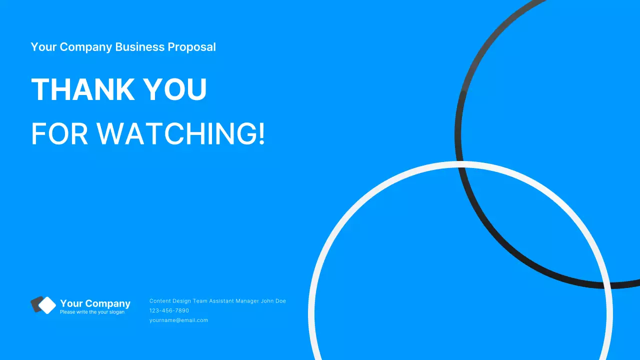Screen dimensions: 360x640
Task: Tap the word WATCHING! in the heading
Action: click(x=180, y=133)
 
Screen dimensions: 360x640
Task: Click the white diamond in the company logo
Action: click(x=47, y=305)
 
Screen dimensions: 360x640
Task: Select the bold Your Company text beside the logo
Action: click(x=95, y=303)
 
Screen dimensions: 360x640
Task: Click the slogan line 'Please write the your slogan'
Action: click(x=92, y=312)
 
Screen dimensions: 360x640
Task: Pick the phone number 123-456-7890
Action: click(x=169, y=310)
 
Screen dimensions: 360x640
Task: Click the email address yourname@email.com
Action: click(x=178, y=320)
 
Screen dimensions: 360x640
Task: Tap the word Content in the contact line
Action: click(x=160, y=301)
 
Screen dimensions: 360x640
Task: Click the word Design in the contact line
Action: click(x=181, y=301)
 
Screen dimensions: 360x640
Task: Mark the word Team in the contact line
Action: click(x=200, y=301)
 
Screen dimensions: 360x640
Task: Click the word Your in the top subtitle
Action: click(x=43, y=47)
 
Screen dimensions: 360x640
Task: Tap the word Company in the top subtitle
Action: click(x=86, y=47)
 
